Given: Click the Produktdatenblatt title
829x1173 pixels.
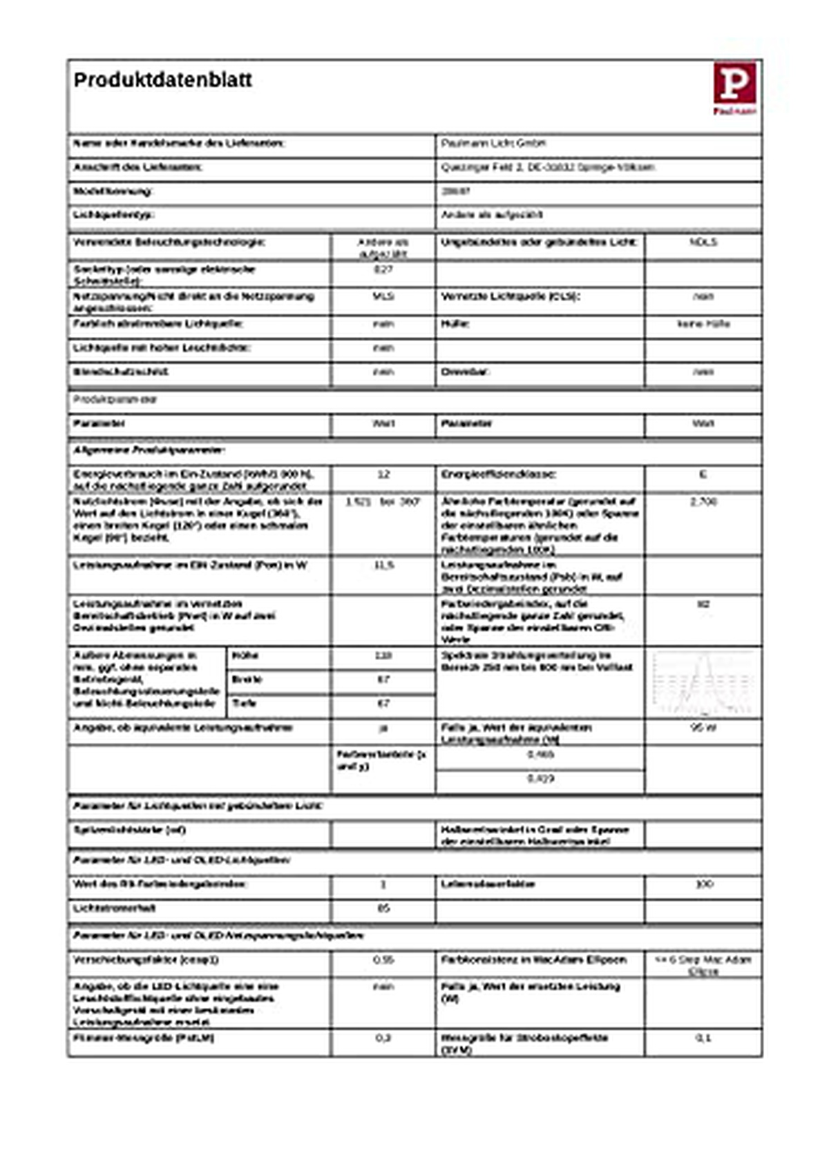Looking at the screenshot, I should tap(163, 80).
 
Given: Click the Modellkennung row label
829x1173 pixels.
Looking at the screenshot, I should tap(113, 191).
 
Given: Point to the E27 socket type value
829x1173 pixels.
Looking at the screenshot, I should tap(383, 269).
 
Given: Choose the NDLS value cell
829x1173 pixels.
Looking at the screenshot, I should tap(703, 242).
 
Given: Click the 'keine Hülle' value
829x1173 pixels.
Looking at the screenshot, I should tap(703, 324).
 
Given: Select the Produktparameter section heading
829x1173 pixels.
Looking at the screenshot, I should tap(115, 400).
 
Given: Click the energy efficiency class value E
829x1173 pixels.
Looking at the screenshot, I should tap(703, 474).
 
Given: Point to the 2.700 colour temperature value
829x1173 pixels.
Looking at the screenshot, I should tap(703, 501).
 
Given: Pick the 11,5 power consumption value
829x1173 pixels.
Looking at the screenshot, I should tap(383, 565).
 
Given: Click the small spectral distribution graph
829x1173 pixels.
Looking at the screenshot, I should tap(703, 682).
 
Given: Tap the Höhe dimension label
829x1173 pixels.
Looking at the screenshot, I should tap(245, 655).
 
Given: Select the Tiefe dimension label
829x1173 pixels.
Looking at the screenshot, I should tap(245, 704).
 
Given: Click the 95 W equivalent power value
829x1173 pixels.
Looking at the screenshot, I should tap(703, 728).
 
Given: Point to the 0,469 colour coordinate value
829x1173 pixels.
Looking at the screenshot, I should tap(540, 755).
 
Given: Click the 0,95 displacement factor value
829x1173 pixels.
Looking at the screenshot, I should tap(383, 960).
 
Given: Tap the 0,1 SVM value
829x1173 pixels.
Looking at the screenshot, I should tap(703, 1038).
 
